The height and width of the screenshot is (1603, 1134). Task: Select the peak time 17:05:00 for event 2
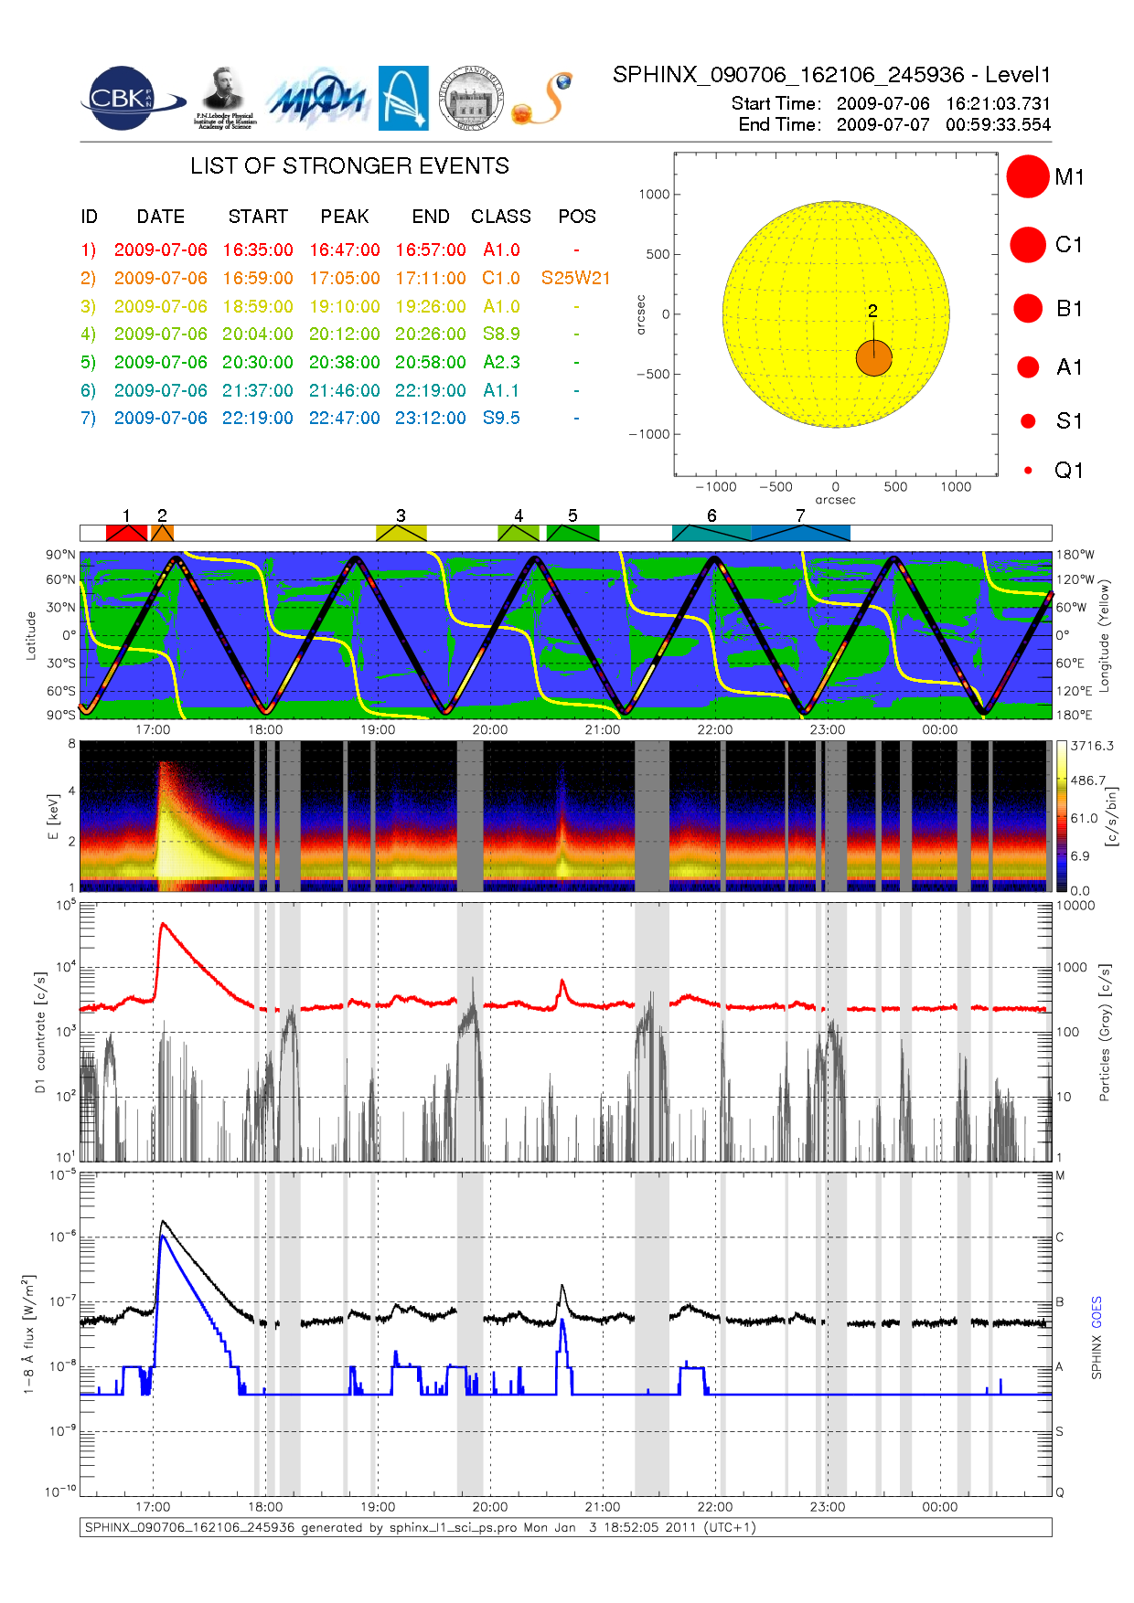pyautogui.click(x=344, y=278)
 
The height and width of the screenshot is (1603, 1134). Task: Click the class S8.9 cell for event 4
pyautogui.click(x=501, y=334)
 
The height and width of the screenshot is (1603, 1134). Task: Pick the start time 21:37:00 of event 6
pyautogui.click(x=257, y=390)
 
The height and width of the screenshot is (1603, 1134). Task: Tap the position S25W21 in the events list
pyautogui.click(x=575, y=278)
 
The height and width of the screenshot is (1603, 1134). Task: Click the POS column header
pyautogui.click(x=576, y=217)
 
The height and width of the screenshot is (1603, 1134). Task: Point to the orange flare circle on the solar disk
pyautogui.click(x=873, y=358)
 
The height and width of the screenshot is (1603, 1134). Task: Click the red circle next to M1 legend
pyautogui.click(x=1027, y=176)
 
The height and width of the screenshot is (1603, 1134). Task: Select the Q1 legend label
pyautogui.click(x=1068, y=470)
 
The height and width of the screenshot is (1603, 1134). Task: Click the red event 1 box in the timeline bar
pyautogui.click(x=126, y=533)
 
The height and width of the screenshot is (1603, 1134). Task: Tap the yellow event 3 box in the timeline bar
pyautogui.click(x=401, y=533)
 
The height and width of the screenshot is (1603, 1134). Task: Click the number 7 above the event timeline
pyautogui.click(x=800, y=515)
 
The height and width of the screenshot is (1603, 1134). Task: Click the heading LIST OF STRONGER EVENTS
pyautogui.click(x=349, y=165)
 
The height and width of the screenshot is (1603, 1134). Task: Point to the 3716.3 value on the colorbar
pyautogui.click(x=1092, y=746)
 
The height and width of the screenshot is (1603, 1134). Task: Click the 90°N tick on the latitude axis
pyautogui.click(x=61, y=555)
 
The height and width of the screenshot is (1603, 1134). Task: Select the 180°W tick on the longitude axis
pyautogui.click(x=1075, y=555)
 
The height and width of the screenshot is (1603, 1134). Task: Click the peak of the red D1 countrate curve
pyautogui.click(x=163, y=924)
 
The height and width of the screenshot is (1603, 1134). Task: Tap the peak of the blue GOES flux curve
pyautogui.click(x=162, y=1236)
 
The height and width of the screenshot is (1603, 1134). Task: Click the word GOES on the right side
pyautogui.click(x=1097, y=1311)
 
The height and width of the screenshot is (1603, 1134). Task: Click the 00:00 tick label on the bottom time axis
pyautogui.click(x=939, y=1507)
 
